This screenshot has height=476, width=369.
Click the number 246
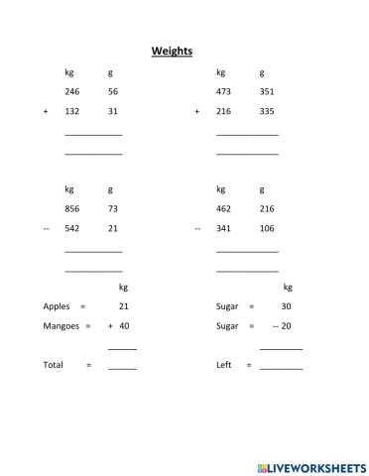pyautogui.click(x=71, y=91)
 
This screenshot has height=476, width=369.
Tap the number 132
pyautogui.click(x=71, y=111)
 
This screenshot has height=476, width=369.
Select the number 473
pyautogui.click(x=223, y=91)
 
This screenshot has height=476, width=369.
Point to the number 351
pyautogui.click(x=267, y=91)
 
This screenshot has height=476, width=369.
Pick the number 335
pyautogui.click(x=267, y=111)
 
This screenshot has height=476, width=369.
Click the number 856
pyautogui.click(x=71, y=208)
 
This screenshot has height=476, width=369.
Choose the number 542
pyautogui.click(x=71, y=228)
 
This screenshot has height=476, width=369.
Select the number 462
pyautogui.click(x=223, y=208)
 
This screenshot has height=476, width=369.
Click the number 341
pyautogui.click(x=223, y=228)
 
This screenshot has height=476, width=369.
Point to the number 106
pyautogui.click(x=267, y=228)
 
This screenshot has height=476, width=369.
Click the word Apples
pyautogui.click(x=57, y=306)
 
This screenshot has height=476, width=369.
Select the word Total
pyautogui.click(x=53, y=365)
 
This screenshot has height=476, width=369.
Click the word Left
pyautogui.click(x=223, y=365)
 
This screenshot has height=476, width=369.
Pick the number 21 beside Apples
pyautogui.click(x=124, y=306)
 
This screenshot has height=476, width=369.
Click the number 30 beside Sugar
pyautogui.click(x=286, y=306)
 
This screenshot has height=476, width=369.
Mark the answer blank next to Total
pyautogui.click(x=122, y=366)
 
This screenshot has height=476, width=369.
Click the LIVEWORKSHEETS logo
pyautogui.click(x=310, y=464)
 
